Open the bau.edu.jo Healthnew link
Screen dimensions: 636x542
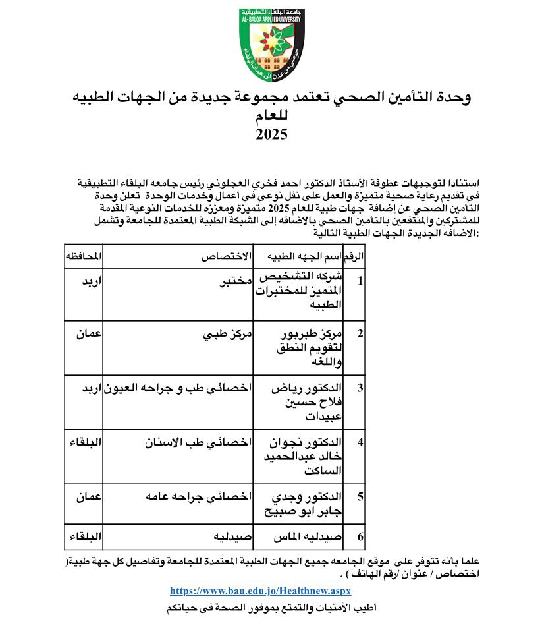(x=260, y=591)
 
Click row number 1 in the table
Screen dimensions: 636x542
(x=360, y=281)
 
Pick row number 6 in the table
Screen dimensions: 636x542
(x=360, y=537)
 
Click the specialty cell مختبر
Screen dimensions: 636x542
(x=234, y=281)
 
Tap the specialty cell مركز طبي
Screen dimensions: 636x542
(x=227, y=333)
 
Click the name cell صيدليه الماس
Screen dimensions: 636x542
(x=308, y=537)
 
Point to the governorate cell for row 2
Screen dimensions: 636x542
(x=88, y=333)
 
